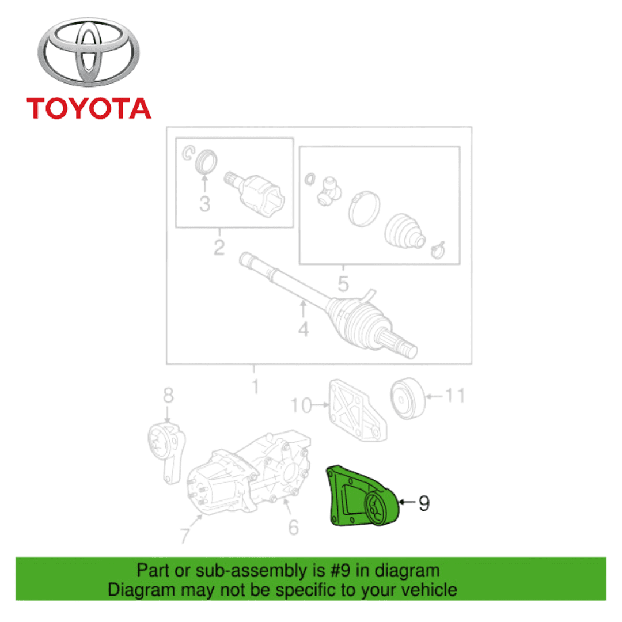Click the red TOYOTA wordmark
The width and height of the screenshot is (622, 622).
click(x=89, y=108)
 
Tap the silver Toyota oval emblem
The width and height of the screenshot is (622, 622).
click(x=89, y=52)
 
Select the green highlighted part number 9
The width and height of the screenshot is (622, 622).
click(x=362, y=496)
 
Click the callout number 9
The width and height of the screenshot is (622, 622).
click(x=424, y=503)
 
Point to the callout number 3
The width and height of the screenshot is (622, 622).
click(x=204, y=203)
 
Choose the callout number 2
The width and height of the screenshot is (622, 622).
click(x=219, y=247)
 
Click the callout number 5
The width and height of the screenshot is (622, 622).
click(x=343, y=283)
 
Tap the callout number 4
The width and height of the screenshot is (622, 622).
click(x=304, y=329)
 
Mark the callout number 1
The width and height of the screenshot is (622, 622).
click(x=256, y=386)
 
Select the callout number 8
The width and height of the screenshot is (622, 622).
click(x=168, y=395)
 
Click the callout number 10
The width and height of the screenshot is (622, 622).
click(x=301, y=405)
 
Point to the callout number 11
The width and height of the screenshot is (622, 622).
click(x=454, y=395)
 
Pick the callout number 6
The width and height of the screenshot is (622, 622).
click(x=293, y=527)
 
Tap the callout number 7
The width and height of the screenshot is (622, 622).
click(x=185, y=535)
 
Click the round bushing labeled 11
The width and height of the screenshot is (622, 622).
click(x=407, y=399)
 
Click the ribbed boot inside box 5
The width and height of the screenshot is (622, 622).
click(x=404, y=232)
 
